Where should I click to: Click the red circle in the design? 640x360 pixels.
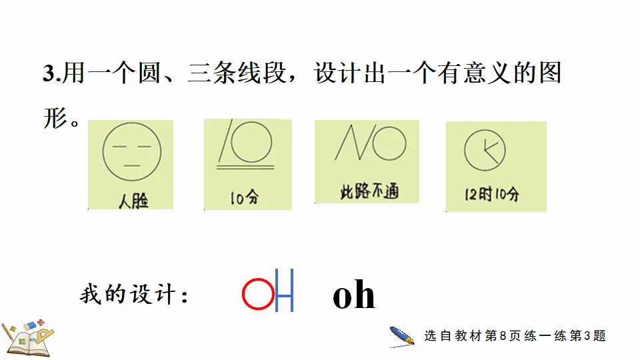click(257, 295)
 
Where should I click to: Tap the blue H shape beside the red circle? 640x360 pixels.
click(285, 295)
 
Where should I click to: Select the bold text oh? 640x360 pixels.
click(353, 296)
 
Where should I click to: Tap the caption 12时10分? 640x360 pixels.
click(493, 195)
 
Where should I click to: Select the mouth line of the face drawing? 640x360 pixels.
click(132, 165)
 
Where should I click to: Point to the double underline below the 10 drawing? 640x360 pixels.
click(246, 163)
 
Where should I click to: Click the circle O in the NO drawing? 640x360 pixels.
click(389, 142)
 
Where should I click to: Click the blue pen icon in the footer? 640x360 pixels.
click(402, 337)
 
